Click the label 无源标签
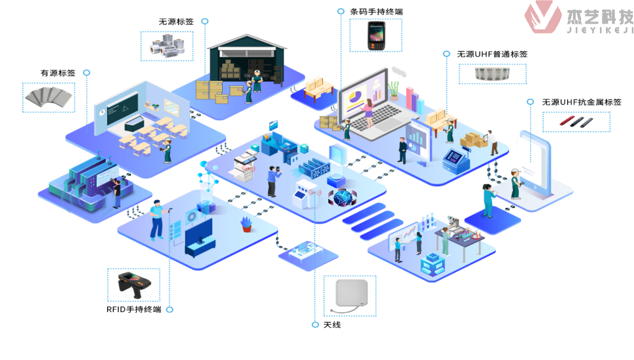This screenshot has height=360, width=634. click(x=176, y=22)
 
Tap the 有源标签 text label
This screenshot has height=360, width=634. click(x=58, y=73)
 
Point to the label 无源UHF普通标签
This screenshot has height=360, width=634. click(x=492, y=54)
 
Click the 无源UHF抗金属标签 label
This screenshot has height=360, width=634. click(x=582, y=102)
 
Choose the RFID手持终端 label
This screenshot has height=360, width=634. click(x=134, y=309)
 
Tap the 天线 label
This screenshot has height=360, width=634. click(x=332, y=325)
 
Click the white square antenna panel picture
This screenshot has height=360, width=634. click(x=350, y=296)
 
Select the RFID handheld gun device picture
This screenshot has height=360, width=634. click(x=134, y=284)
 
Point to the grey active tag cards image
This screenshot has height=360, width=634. click(x=48, y=97)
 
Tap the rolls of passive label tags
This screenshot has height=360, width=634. click(x=167, y=46)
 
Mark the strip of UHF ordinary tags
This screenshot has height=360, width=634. click(x=492, y=74)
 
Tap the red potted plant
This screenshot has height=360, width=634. click(x=246, y=224)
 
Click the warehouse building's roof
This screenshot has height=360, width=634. click(x=247, y=43)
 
